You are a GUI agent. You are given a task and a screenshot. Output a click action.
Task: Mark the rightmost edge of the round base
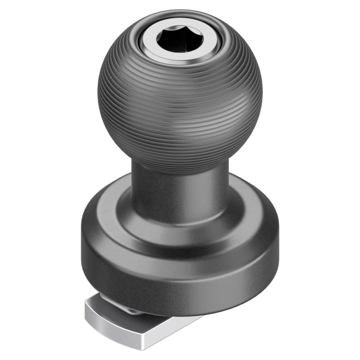tap(278, 233)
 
